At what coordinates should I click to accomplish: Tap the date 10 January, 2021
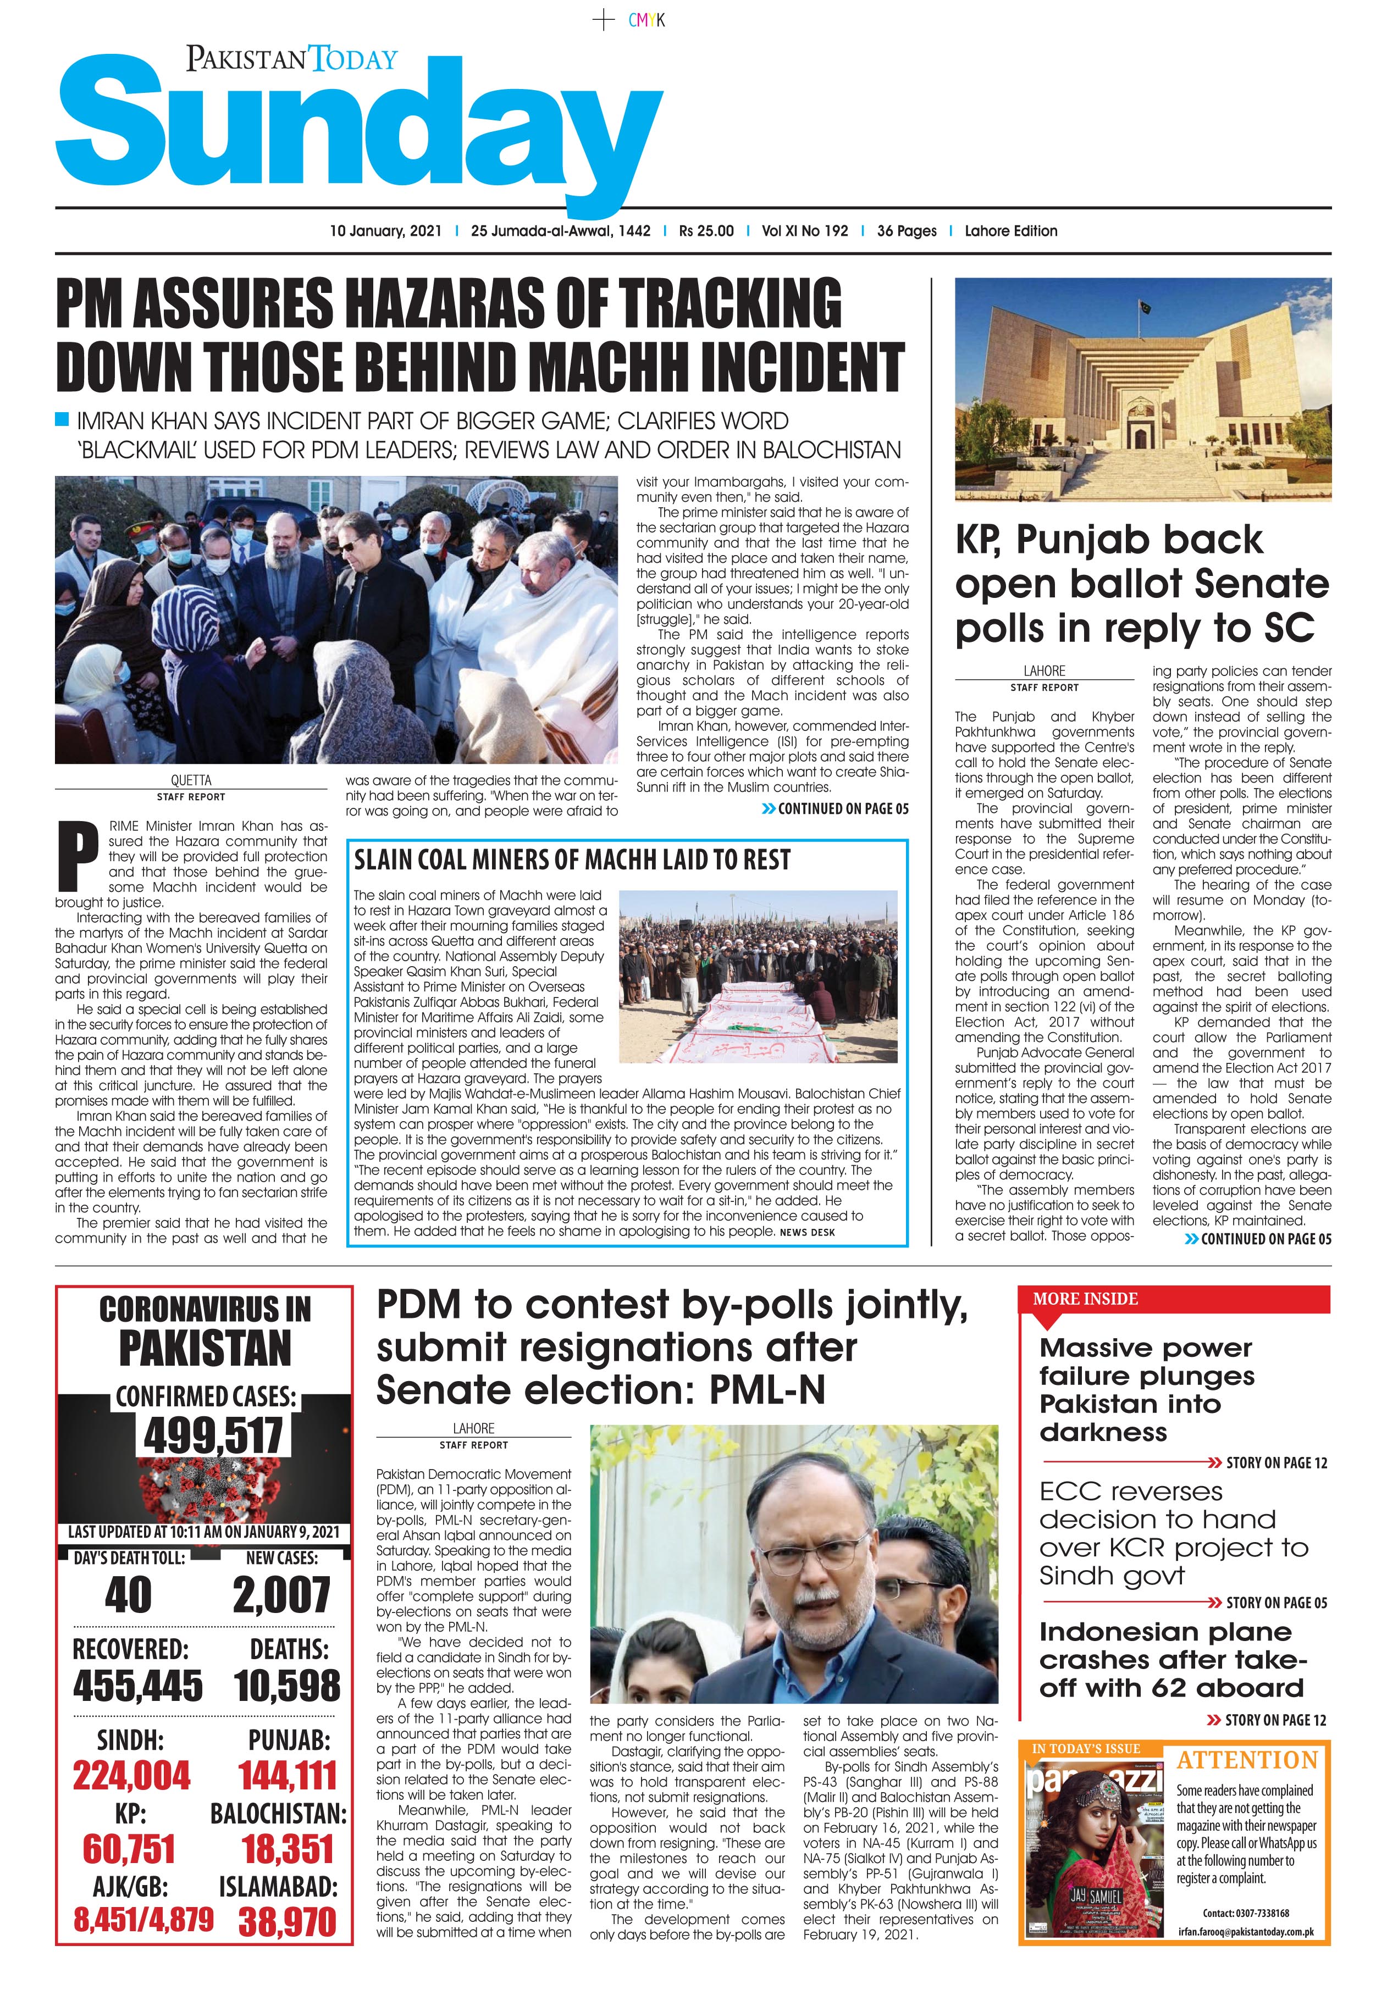click(x=385, y=231)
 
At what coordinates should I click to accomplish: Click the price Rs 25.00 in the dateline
click(x=706, y=231)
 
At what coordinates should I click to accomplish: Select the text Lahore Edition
click(x=1011, y=231)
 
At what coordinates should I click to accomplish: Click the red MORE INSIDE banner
click(x=1173, y=1299)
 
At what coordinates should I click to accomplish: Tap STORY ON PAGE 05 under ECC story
click(x=1276, y=1602)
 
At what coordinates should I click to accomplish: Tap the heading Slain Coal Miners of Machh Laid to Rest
click(x=572, y=860)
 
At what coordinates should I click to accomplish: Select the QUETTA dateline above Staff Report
click(x=190, y=780)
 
